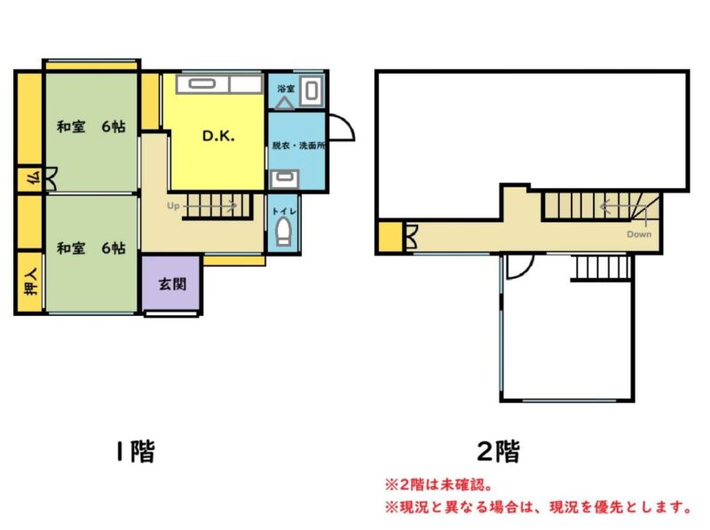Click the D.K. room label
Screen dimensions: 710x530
pos(218,136)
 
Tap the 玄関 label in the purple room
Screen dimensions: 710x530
pos(172,284)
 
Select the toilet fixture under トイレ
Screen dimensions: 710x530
pos(283,232)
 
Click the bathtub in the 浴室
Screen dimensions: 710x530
pos(312,91)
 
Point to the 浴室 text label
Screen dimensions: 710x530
pos(286,89)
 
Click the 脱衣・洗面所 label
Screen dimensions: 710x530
pos(298,146)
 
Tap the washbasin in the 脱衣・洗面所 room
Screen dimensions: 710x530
pos(284,179)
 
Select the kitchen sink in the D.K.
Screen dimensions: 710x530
pos(202,84)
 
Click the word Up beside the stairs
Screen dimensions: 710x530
pos(173,206)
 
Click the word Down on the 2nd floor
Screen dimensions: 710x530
pos(639,234)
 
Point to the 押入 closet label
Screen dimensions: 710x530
pos(31,281)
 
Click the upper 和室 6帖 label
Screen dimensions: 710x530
pos(91,126)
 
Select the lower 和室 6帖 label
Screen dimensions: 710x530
pos(91,248)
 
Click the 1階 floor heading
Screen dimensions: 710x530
pos(136,451)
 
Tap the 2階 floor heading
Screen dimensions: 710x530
pos(499,451)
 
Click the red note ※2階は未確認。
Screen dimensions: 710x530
pos(438,485)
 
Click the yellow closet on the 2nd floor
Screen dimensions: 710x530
pos(390,236)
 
